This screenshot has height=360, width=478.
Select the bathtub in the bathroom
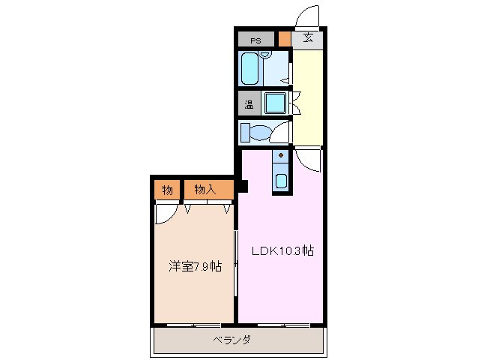click(251, 69)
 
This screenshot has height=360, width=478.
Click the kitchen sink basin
click(280, 181)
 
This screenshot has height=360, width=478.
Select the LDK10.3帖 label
click(281, 251)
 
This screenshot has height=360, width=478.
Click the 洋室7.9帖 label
click(193, 266)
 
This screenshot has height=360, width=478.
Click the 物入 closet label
click(205, 190)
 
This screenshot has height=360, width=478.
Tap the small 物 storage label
click(167, 190)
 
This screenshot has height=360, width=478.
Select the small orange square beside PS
click(284, 40)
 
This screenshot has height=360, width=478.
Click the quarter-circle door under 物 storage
click(164, 214)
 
